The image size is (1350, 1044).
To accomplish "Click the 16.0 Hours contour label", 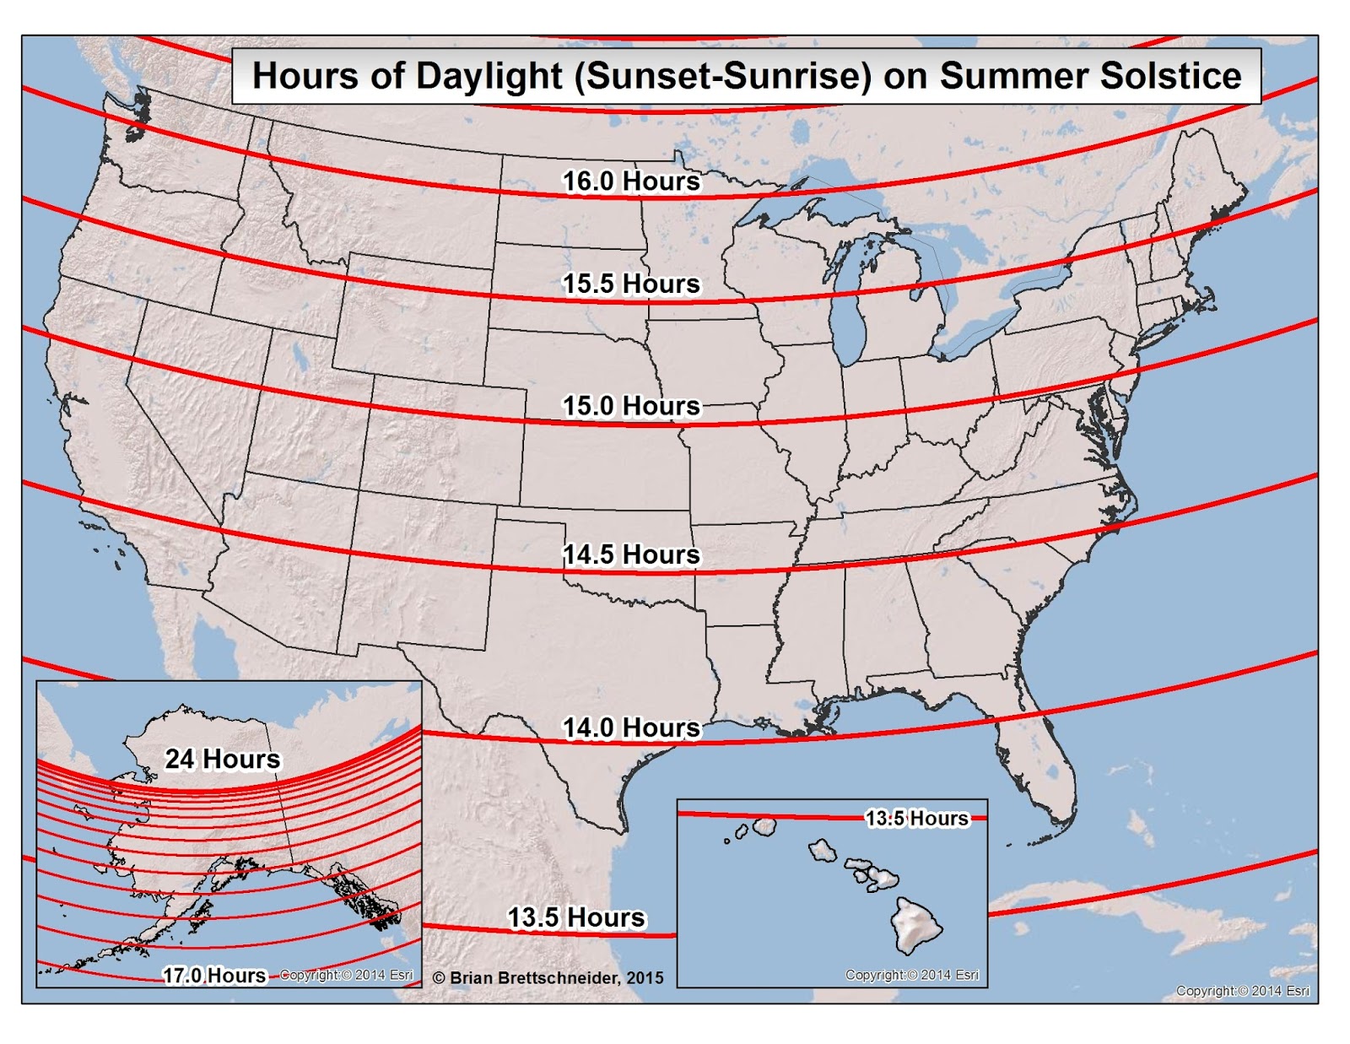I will (631, 181).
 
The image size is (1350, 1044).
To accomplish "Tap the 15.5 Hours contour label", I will (631, 284).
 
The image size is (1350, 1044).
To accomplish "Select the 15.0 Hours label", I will (631, 406).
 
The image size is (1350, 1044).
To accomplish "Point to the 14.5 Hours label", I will (631, 554).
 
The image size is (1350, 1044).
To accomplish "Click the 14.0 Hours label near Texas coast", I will (631, 728).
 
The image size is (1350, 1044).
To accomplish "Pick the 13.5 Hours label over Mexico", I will (575, 917).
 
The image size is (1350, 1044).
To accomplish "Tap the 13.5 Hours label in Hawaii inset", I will (916, 818).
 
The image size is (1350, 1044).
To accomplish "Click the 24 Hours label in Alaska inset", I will (222, 759).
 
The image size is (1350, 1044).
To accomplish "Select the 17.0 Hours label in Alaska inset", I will (213, 976).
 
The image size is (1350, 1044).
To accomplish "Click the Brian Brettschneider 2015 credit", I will (548, 977).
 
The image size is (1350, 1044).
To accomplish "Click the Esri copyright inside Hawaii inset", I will (912, 975).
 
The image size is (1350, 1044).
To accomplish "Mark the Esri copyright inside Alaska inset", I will (346, 975).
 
